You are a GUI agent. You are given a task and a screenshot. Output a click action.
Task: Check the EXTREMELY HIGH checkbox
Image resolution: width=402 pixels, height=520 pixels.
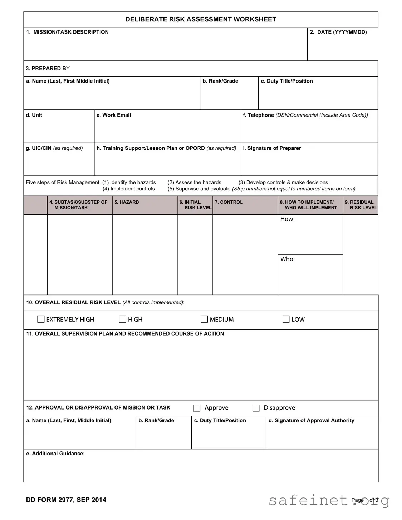point(41,319)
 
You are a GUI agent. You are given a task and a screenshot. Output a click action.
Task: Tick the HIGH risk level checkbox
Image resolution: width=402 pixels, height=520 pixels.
point(122,319)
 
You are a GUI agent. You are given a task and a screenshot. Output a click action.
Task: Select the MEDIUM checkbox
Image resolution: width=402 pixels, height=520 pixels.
point(204,319)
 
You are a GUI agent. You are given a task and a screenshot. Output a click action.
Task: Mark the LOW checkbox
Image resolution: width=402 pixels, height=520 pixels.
point(286,319)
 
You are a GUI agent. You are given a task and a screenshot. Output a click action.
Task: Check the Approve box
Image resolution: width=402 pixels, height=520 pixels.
point(197,408)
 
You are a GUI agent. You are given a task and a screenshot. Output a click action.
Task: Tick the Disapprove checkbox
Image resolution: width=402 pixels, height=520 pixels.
point(256,408)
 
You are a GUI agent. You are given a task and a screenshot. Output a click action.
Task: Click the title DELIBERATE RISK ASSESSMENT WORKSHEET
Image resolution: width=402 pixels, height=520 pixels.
point(201,19)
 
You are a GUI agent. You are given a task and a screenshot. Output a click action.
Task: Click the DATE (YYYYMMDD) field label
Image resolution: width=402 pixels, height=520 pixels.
point(338,32)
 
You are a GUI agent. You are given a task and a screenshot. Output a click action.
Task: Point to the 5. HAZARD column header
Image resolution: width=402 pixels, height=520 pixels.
point(127,202)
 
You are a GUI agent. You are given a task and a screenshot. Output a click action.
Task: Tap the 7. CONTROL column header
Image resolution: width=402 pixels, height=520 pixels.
point(229,202)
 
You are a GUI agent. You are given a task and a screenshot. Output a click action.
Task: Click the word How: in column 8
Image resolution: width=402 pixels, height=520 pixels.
point(287,219)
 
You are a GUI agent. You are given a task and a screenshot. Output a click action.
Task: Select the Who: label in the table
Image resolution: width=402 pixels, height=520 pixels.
point(287,259)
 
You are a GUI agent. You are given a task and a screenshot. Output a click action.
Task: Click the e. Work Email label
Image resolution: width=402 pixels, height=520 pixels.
point(114,115)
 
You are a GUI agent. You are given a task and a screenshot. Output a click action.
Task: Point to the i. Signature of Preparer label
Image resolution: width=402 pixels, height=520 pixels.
point(272,148)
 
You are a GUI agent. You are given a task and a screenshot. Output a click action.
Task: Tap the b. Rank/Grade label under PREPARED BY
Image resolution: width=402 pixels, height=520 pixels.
point(220,81)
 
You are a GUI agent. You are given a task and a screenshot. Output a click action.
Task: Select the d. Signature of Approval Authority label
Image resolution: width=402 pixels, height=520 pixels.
point(311,421)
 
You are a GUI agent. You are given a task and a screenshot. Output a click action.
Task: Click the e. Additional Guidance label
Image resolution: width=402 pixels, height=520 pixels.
point(55,454)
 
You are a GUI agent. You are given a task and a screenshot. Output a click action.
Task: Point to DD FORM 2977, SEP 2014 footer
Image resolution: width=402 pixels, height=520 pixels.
point(66,500)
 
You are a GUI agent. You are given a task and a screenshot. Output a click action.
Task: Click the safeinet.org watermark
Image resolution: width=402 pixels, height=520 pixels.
point(329,500)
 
